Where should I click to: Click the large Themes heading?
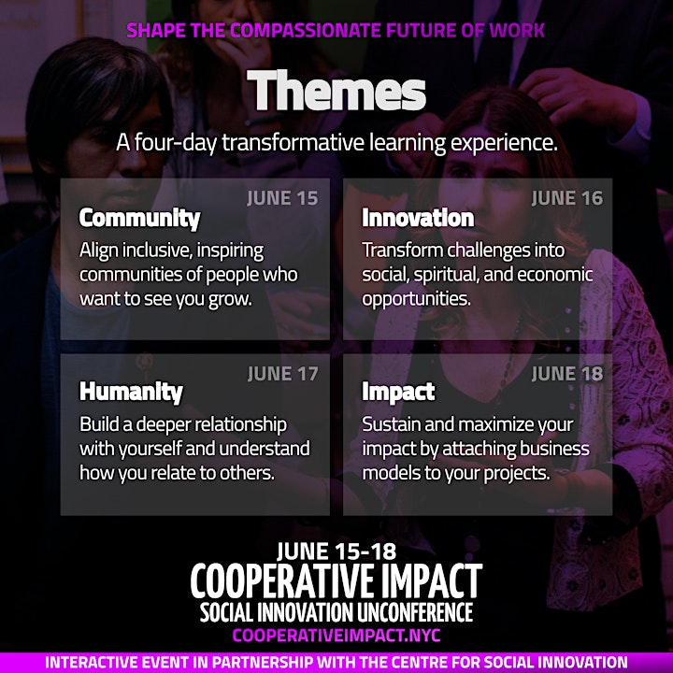pyautogui.click(x=336, y=91)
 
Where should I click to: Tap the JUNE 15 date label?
pyautogui.click(x=282, y=198)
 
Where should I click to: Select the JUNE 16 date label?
pyautogui.click(x=567, y=198)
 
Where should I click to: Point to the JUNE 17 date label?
pyautogui.click(x=283, y=374)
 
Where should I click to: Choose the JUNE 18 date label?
pyautogui.click(x=567, y=374)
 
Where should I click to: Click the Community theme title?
pyautogui.click(x=140, y=219)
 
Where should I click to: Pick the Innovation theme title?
pyautogui.click(x=418, y=218)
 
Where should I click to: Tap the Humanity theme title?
pyautogui.click(x=132, y=393)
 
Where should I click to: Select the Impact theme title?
pyautogui.click(x=398, y=393)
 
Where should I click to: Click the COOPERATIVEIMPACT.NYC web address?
pyautogui.click(x=336, y=636)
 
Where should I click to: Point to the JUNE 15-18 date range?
pyautogui.click(x=336, y=551)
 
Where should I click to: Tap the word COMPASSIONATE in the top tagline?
pyautogui.click(x=305, y=31)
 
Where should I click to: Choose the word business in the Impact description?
pyautogui.click(x=554, y=449)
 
